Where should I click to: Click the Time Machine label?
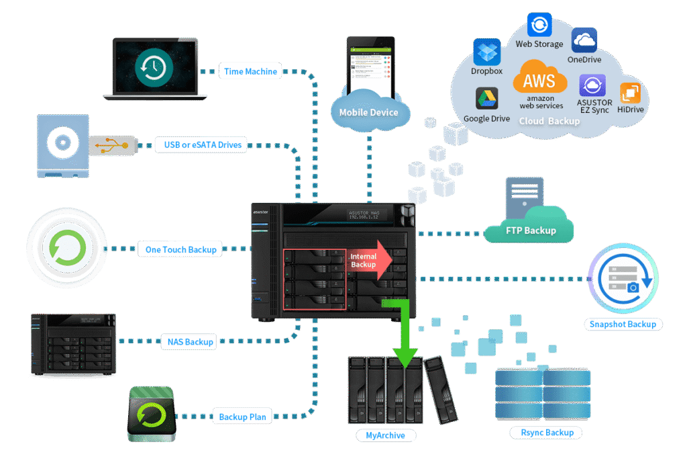click(x=250, y=71)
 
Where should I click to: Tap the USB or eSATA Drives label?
click(x=203, y=144)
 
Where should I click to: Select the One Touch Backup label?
click(x=180, y=249)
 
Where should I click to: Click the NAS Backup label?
click(x=190, y=341)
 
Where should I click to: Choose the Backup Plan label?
click(x=242, y=417)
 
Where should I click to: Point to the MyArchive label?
click(x=386, y=435)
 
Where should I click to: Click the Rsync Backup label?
click(x=547, y=432)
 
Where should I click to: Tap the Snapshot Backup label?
click(x=623, y=325)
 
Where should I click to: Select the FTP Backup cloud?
click(x=531, y=230)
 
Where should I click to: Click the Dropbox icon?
click(x=487, y=52)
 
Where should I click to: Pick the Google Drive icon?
click(x=487, y=99)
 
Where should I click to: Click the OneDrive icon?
click(x=584, y=40)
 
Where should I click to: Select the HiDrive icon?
click(x=629, y=93)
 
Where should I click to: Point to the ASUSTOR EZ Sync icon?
click(x=592, y=86)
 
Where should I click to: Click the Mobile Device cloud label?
click(x=368, y=112)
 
